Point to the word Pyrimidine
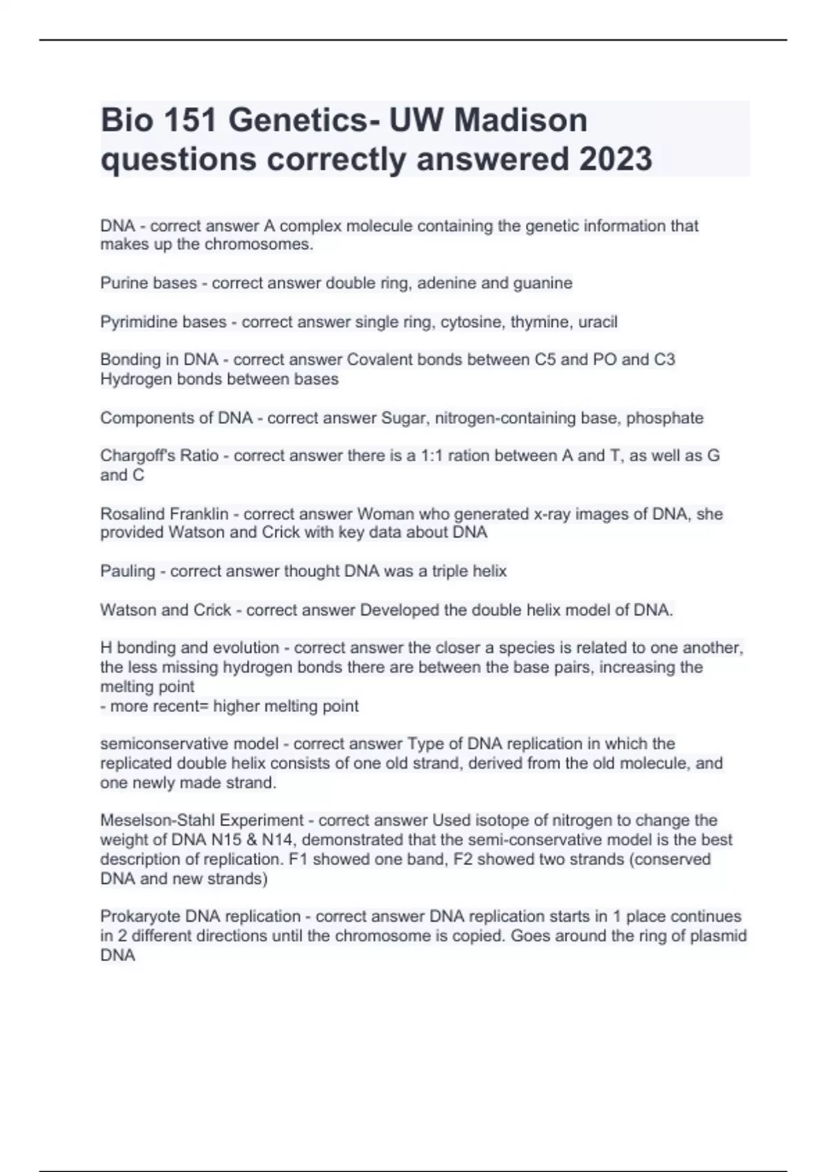pyautogui.click(x=139, y=322)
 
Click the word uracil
pyautogui.click(x=598, y=322)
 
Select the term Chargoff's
pyautogui.click(x=136, y=456)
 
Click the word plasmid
pyautogui.click(x=717, y=936)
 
